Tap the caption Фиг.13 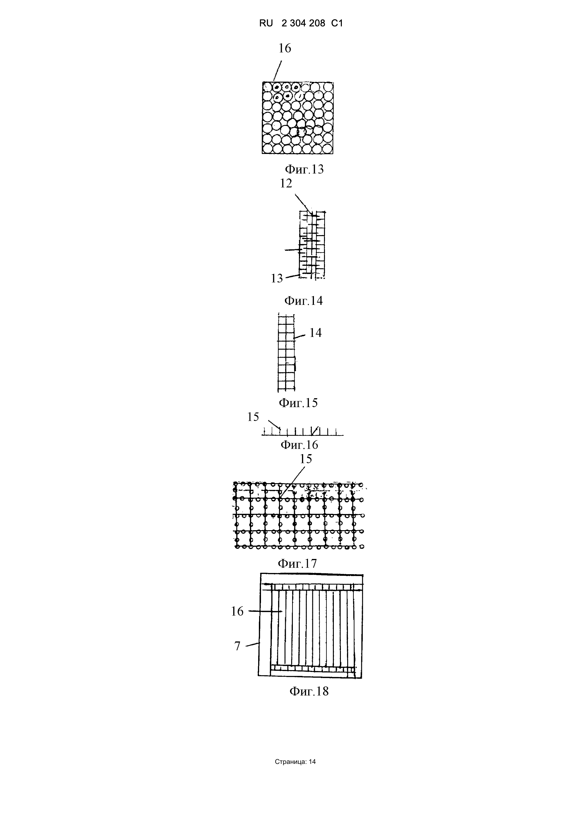tap(304, 169)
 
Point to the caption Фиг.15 tap(298, 403)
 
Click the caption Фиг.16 tap(299, 445)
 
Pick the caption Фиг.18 tap(309, 691)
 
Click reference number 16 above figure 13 tap(285, 48)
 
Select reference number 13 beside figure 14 tap(277, 278)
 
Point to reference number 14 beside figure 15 tap(315, 333)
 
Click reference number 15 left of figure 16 tap(253, 417)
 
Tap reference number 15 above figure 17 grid tap(306, 459)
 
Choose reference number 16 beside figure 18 tap(237, 611)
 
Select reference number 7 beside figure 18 tap(237, 646)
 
